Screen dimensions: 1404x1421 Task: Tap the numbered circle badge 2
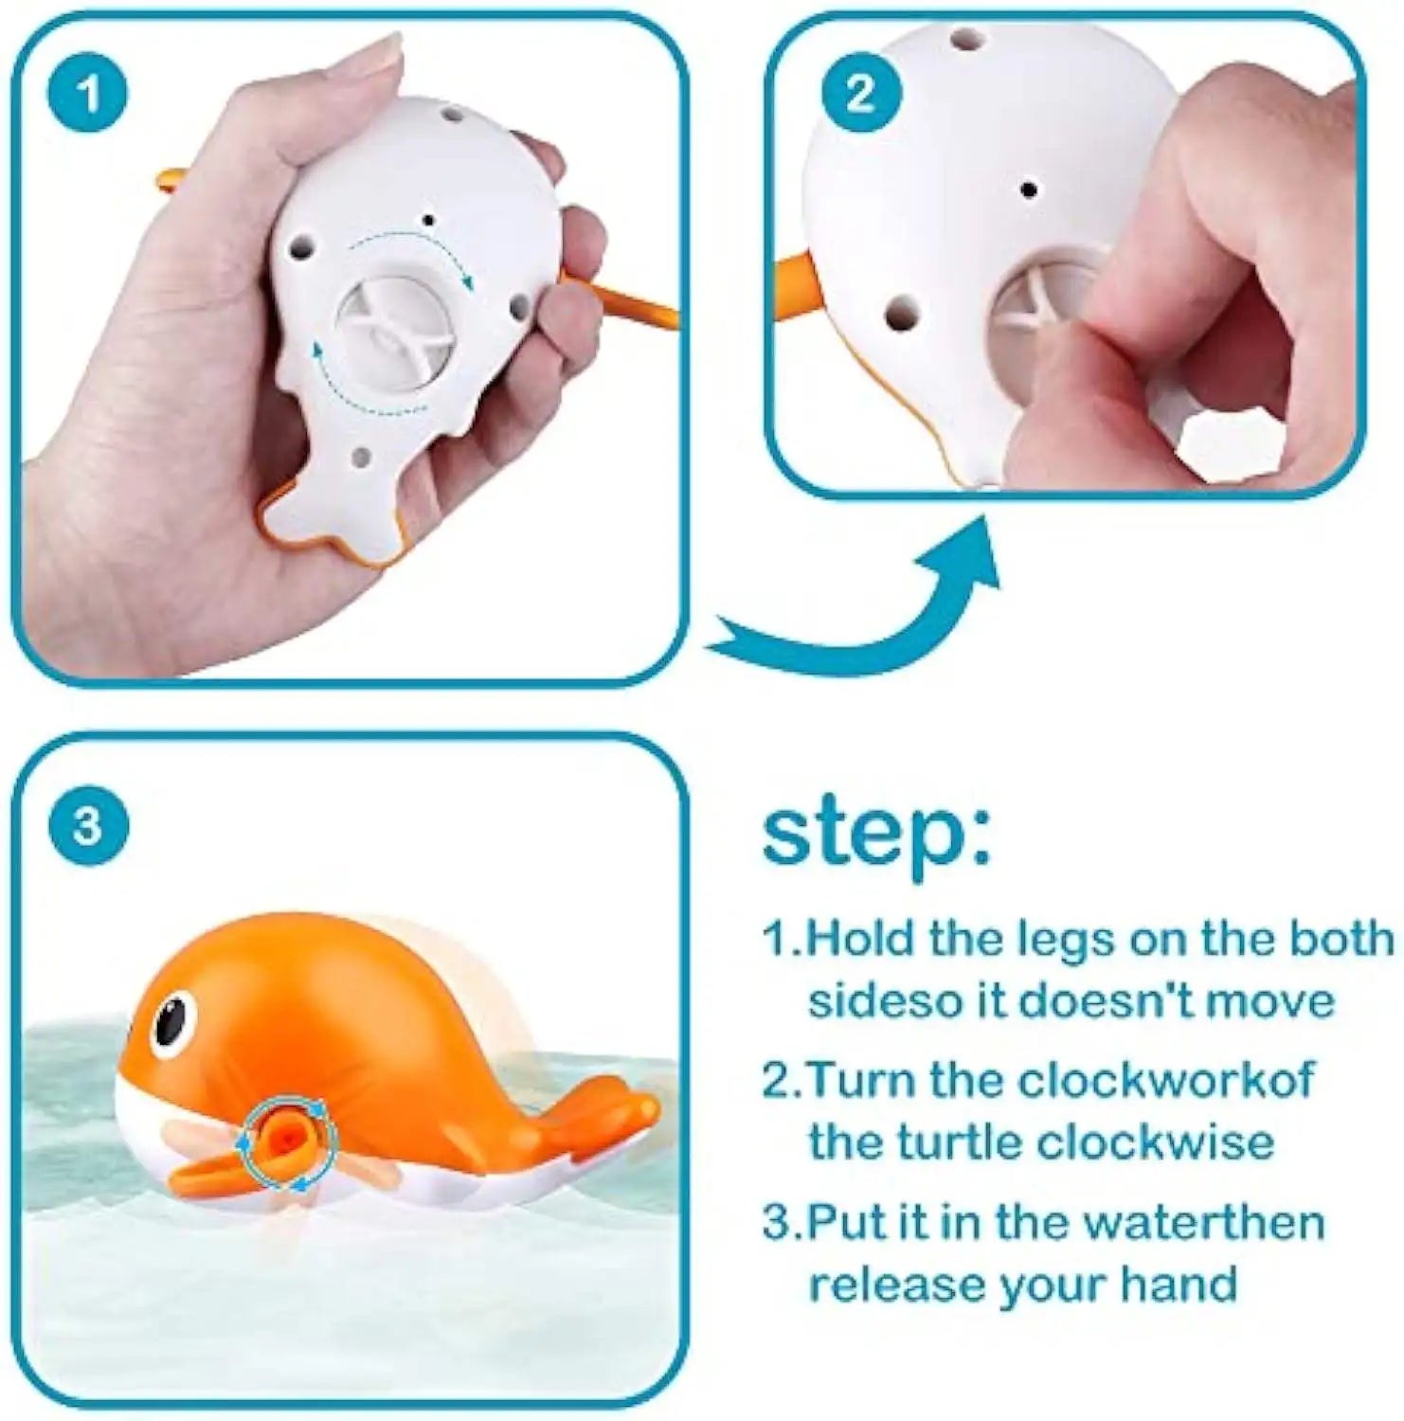(860, 94)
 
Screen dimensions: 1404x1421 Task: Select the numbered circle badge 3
(87, 824)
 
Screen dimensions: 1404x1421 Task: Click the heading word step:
(876, 834)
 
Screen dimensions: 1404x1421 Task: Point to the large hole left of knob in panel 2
(900, 310)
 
